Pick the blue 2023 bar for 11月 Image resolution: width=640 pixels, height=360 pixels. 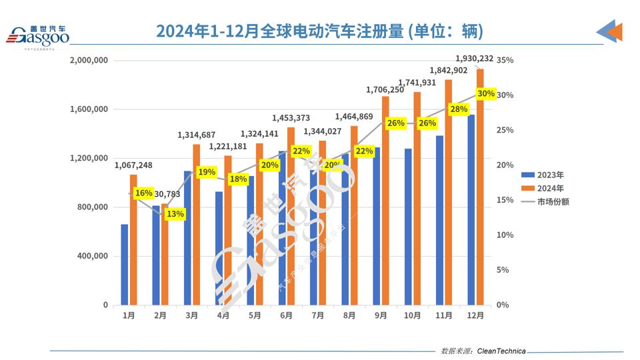(x=440, y=220)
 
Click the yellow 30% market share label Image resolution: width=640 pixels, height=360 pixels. (x=486, y=94)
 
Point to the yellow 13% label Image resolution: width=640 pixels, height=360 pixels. (x=176, y=214)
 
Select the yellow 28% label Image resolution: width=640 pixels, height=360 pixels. (x=458, y=109)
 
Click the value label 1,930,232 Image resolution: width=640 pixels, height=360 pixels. (x=474, y=59)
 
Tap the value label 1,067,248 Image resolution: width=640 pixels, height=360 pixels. (x=133, y=165)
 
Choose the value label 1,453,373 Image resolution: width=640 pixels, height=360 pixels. (x=291, y=118)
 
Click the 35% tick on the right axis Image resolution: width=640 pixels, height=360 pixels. (x=505, y=60)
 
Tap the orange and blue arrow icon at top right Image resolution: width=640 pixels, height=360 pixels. (x=609, y=31)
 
